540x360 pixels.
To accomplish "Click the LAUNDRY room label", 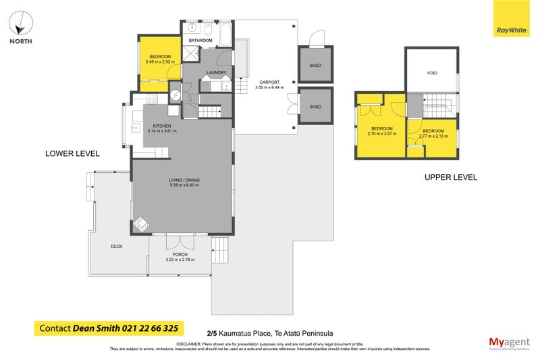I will tap(216, 72).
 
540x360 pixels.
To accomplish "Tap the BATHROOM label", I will tap(200, 41).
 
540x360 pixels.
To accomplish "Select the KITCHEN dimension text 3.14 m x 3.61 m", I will tap(162, 131).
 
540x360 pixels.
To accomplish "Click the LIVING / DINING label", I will tap(184, 180).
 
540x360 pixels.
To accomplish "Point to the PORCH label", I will tap(180, 254).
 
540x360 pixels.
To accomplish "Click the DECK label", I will tap(117, 247).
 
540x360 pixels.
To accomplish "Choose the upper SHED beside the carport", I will tap(315, 66).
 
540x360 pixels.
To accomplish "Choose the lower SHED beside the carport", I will tap(315, 107).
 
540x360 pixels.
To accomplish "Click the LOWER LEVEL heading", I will tap(72, 154).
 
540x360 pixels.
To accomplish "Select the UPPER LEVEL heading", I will tap(450, 178).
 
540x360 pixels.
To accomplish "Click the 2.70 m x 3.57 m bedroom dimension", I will tap(381, 134).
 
